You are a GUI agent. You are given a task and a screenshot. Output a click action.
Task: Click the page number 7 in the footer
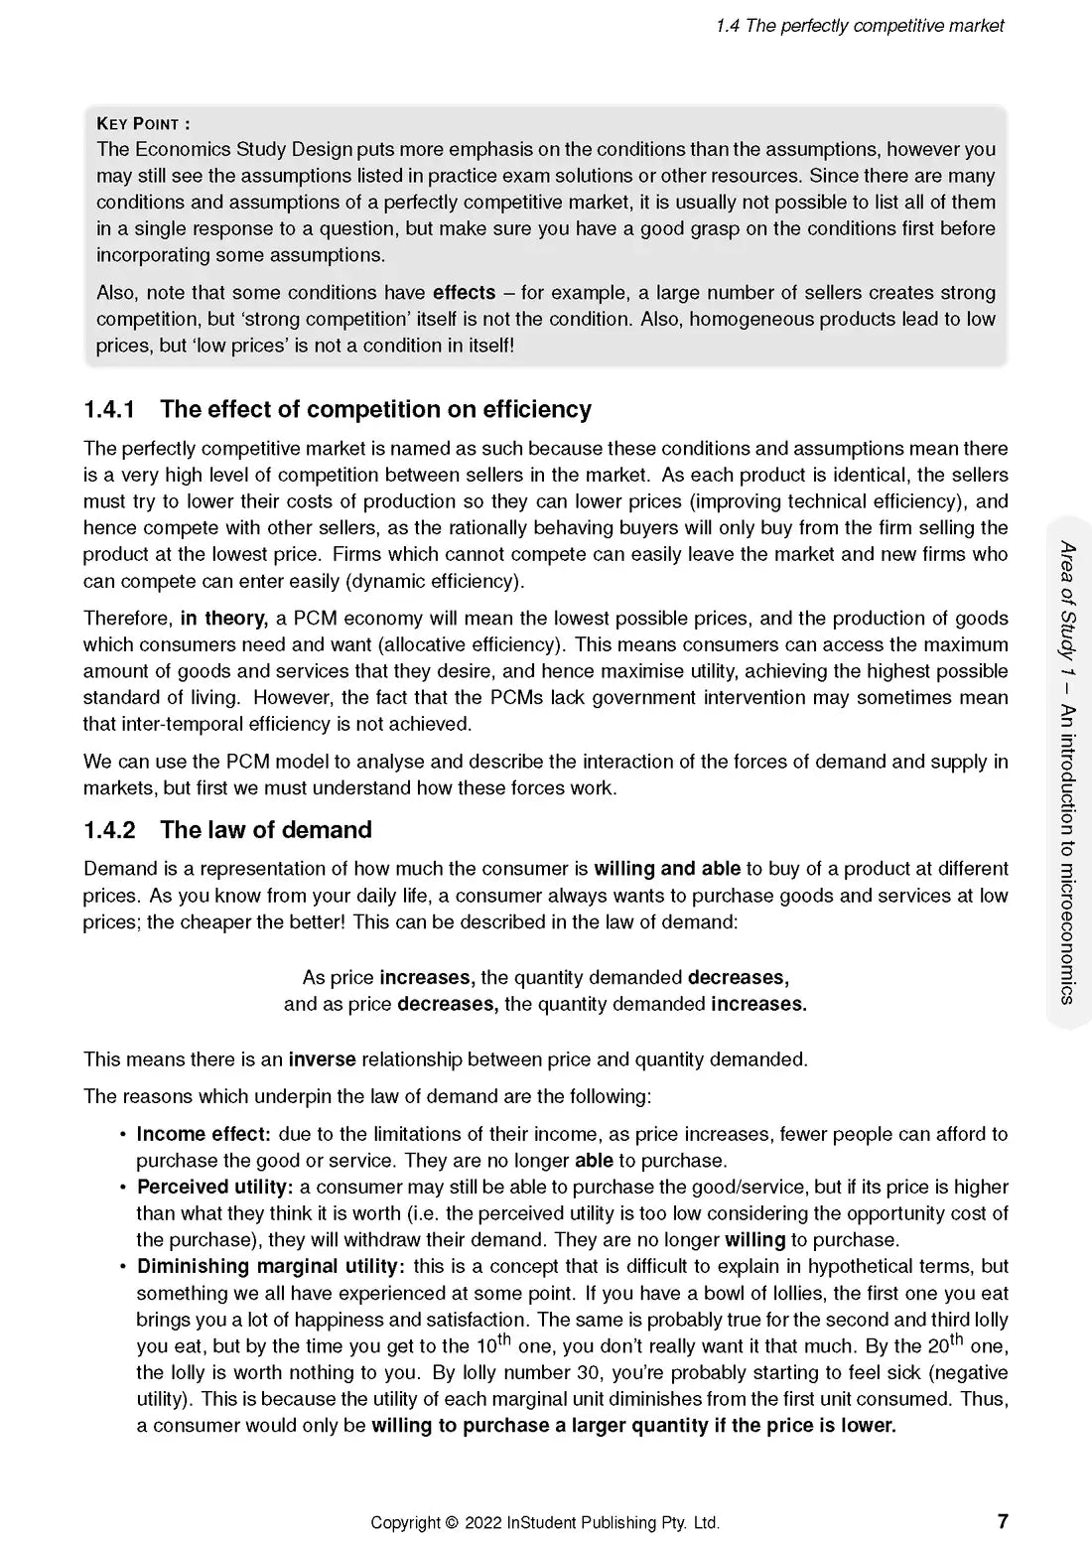click(x=1003, y=1521)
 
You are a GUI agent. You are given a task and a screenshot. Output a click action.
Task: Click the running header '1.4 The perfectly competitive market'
click(x=860, y=26)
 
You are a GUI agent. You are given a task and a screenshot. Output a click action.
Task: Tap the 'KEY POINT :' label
click(x=143, y=124)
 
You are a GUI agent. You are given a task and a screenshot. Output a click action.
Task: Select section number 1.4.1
click(x=109, y=409)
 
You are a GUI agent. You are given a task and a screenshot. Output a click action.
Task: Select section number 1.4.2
click(x=109, y=830)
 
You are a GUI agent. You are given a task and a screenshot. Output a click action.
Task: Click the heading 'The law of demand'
click(x=266, y=830)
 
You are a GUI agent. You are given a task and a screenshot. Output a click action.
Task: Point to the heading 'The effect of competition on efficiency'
click(x=375, y=409)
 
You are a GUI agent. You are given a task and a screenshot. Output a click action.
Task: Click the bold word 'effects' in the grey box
click(x=464, y=293)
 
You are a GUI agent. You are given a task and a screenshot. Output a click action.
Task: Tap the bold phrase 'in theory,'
click(x=224, y=619)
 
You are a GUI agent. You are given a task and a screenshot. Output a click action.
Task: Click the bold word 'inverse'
click(x=322, y=1059)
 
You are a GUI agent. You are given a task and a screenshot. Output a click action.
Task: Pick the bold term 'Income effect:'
click(x=204, y=1134)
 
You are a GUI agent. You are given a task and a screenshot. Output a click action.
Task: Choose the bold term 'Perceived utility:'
click(x=214, y=1187)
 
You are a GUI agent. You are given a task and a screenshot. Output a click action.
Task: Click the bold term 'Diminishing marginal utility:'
click(x=271, y=1267)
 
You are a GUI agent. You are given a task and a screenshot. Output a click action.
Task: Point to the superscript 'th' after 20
click(x=957, y=1338)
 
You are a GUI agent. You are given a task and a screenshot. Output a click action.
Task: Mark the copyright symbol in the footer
click(x=453, y=1522)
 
